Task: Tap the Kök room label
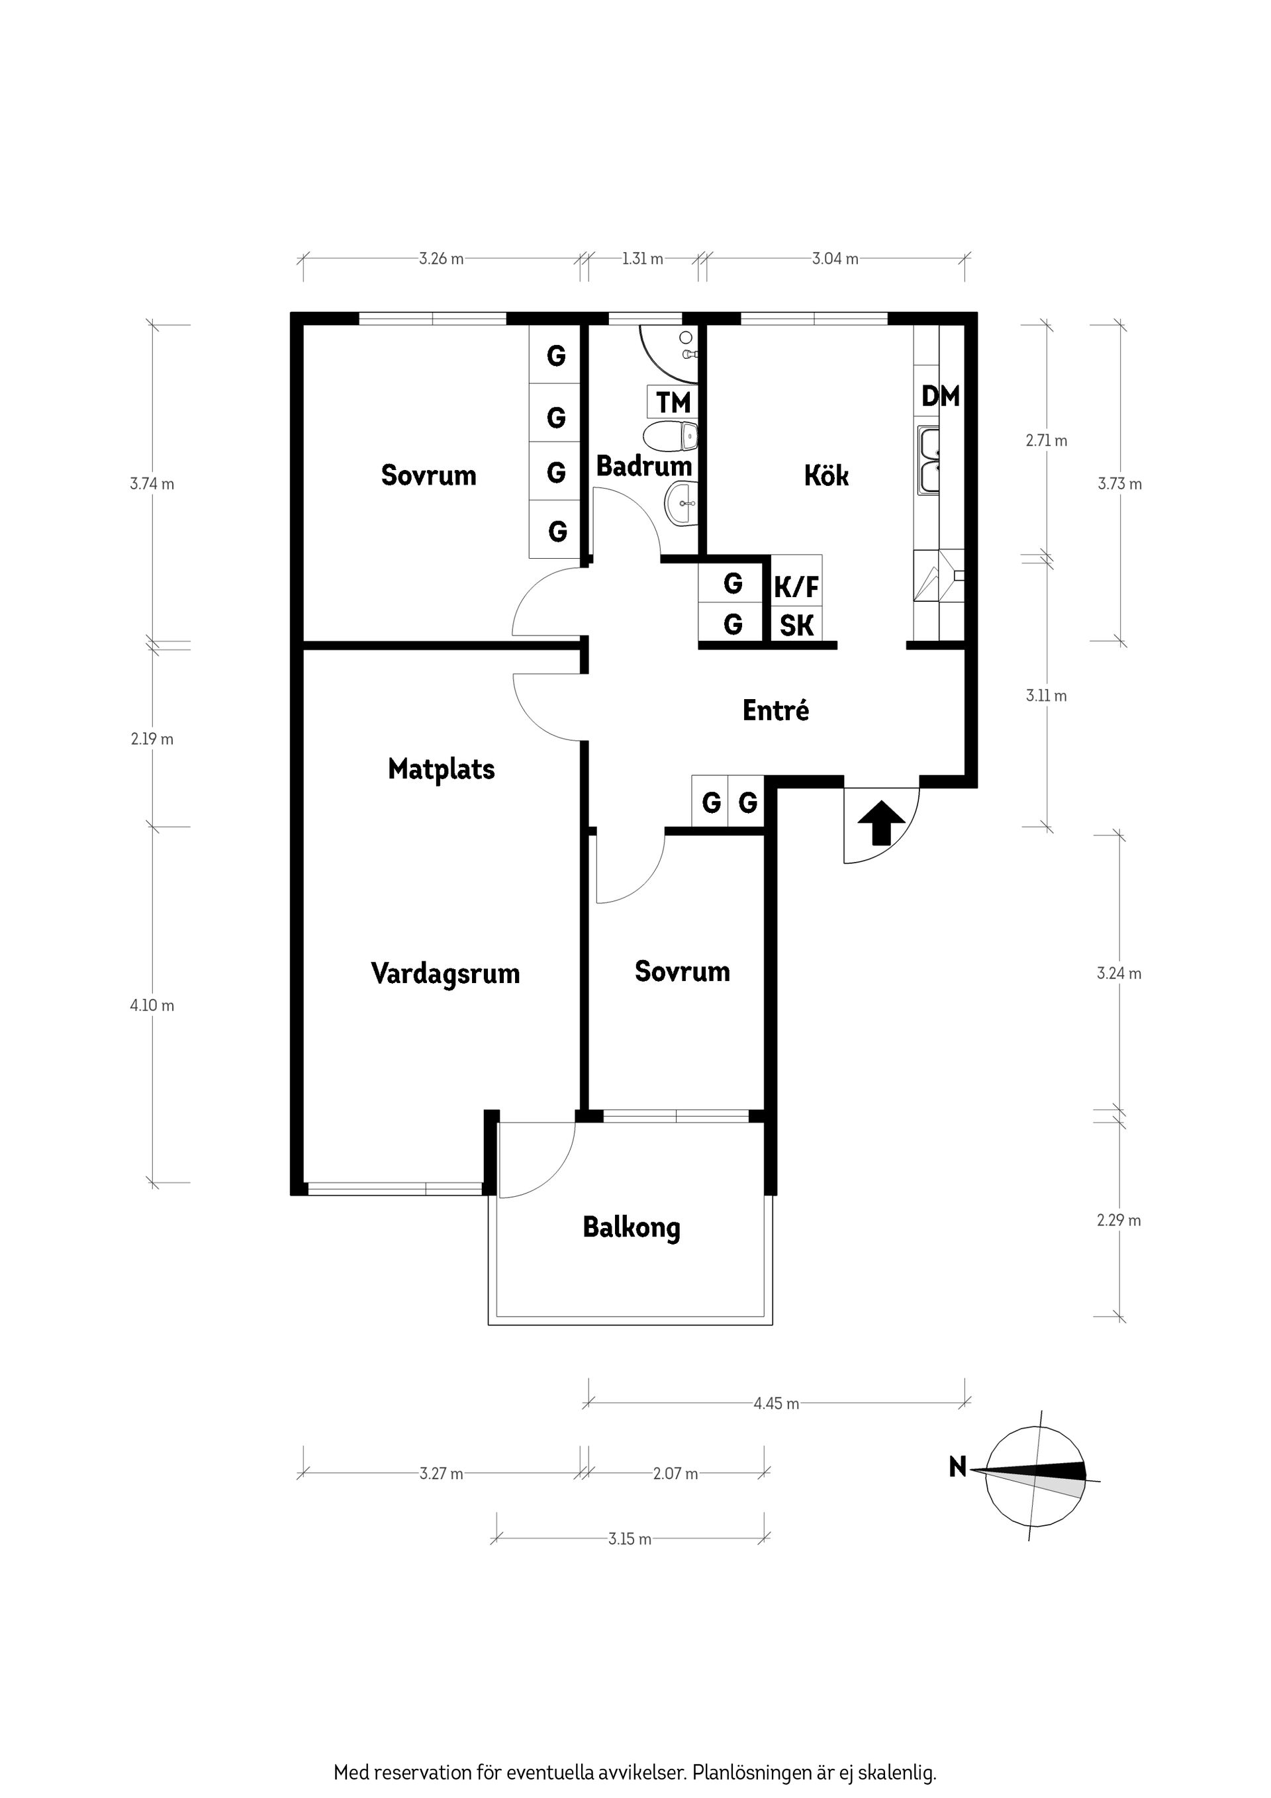[826, 475]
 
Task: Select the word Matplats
[441, 769]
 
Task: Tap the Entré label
[775, 710]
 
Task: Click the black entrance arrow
[881, 822]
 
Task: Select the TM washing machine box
[673, 402]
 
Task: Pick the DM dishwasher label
[940, 397]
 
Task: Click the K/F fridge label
[796, 587]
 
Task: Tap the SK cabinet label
[796, 626]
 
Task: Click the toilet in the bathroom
[672, 436]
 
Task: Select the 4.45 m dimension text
[776, 1403]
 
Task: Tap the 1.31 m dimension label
[642, 258]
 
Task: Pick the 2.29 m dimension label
[1118, 1220]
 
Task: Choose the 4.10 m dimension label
[152, 1006]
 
